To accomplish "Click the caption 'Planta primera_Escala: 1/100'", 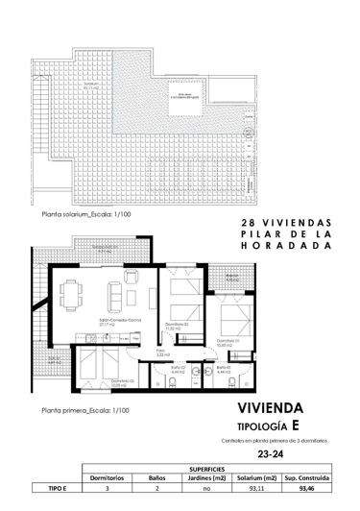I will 70,410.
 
